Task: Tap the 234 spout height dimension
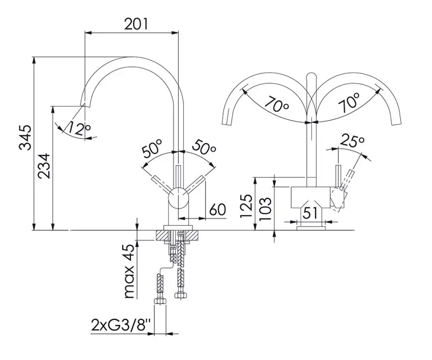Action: pos(44,166)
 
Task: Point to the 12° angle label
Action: pos(80,128)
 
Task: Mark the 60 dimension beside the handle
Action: pos(218,209)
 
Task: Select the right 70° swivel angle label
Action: pos(348,103)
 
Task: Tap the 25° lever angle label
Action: pos(352,141)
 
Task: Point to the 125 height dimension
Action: pos(247,207)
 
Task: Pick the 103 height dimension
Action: pos(265,208)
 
